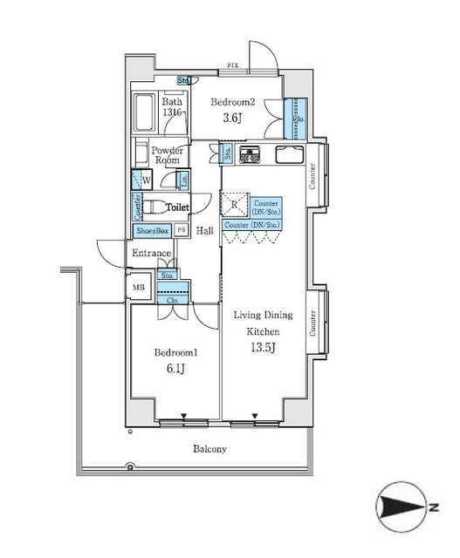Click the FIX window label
(233, 66)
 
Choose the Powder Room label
(167, 155)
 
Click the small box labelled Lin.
(183, 181)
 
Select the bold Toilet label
(178, 208)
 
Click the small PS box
(182, 230)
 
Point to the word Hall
(205, 231)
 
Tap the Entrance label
(151, 253)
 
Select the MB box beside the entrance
(138, 287)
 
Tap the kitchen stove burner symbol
(251, 157)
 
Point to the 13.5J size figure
(262, 349)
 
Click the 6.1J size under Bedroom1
(175, 370)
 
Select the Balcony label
(209, 449)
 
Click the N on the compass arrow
(433, 507)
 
